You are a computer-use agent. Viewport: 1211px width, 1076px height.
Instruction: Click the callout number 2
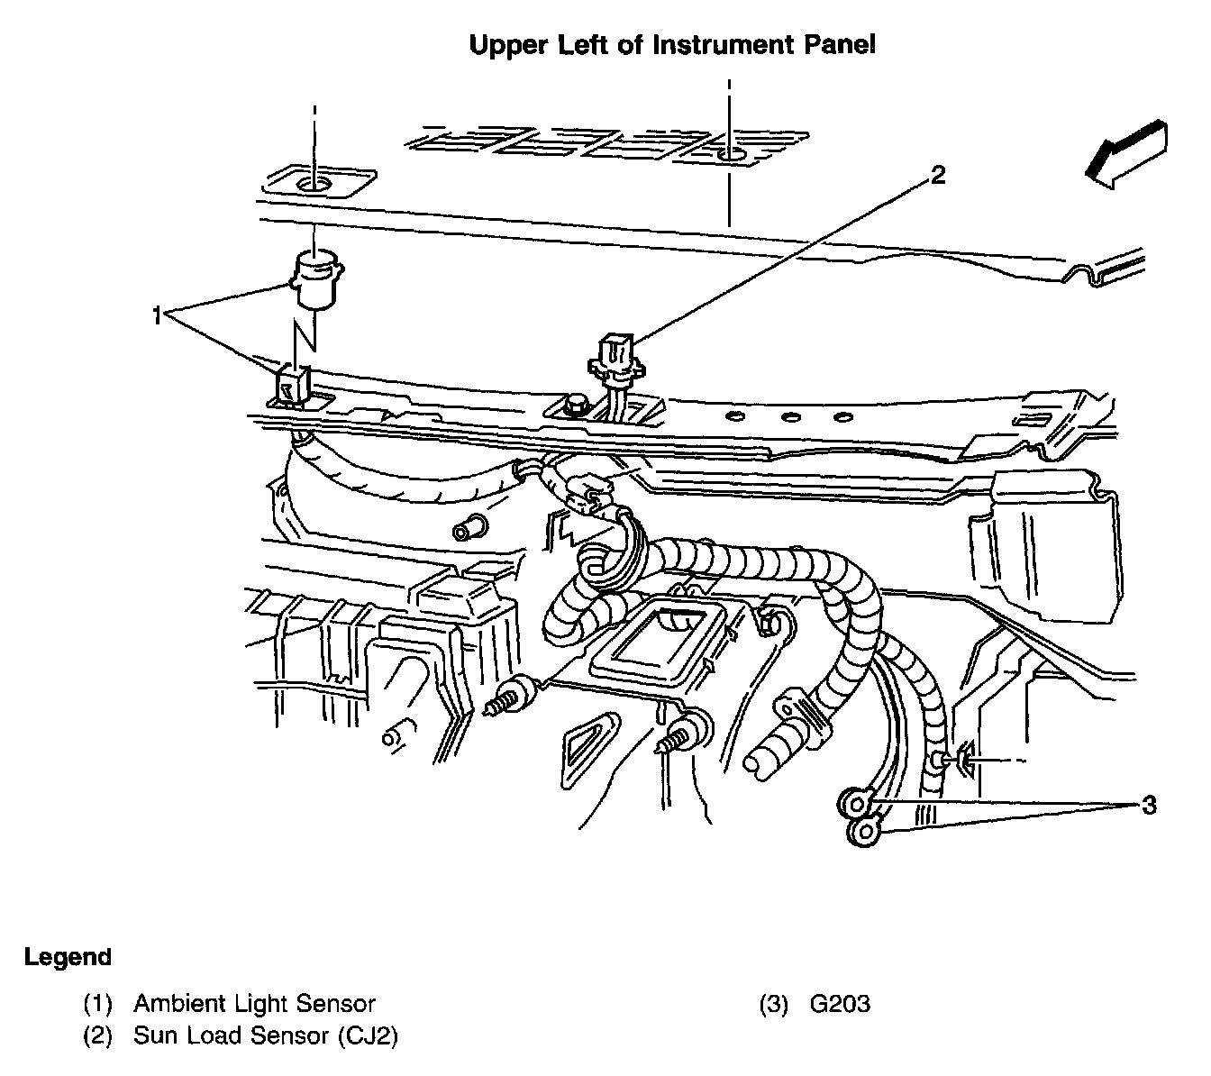coord(937,175)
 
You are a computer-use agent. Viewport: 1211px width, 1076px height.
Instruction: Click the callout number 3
coord(1148,805)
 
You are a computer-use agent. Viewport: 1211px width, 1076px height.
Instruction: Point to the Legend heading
coord(68,957)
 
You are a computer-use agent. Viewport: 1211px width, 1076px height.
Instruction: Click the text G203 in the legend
coord(840,1004)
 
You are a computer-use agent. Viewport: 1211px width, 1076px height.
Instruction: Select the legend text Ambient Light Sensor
coord(254,1004)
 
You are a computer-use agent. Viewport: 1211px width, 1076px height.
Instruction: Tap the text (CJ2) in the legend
coord(368,1036)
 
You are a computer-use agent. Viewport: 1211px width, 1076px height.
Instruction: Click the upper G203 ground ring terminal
coord(855,801)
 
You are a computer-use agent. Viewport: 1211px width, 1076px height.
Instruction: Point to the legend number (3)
coord(774,1004)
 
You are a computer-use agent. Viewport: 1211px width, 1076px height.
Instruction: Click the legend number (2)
coord(97,1036)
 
